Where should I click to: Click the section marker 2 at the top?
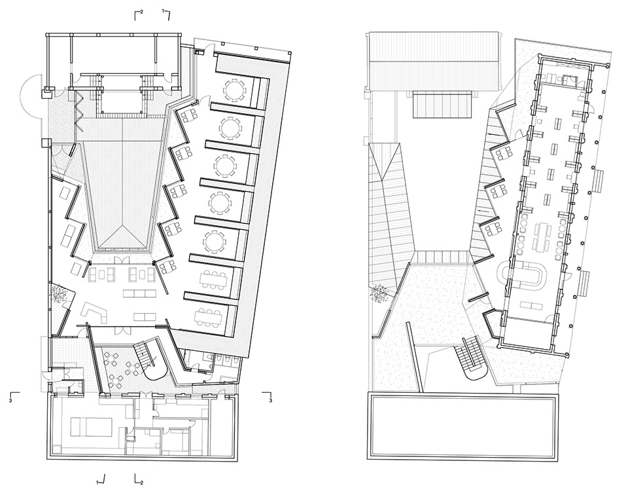(139, 14)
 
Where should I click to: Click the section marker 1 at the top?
(166, 14)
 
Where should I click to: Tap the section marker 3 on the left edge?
(14, 396)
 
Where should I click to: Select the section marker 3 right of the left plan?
(267, 396)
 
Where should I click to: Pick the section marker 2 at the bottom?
(139, 480)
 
